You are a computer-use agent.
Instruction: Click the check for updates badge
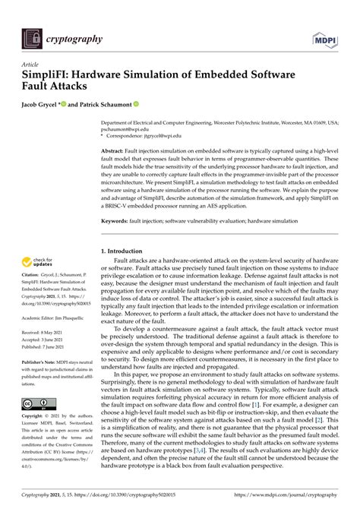click(43, 261)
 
